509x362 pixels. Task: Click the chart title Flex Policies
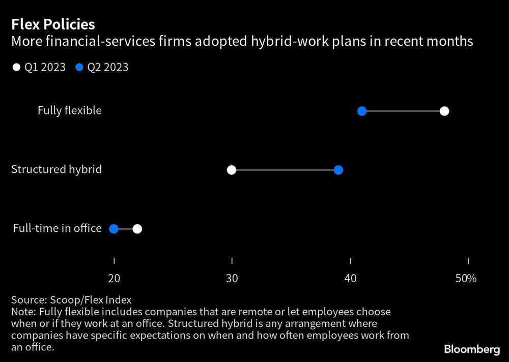coord(53,24)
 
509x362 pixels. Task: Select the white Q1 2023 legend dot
coord(17,67)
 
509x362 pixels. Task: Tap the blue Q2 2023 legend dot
coord(79,67)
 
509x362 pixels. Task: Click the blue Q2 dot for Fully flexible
coord(362,111)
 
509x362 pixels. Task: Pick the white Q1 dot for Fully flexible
coord(444,111)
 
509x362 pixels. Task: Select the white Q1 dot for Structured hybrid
coord(232,170)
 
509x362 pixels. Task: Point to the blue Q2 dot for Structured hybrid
coord(338,170)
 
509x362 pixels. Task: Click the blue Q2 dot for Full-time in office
coord(114,229)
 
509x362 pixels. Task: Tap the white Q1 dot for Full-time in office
coord(137,229)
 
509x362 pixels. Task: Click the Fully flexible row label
coord(70,110)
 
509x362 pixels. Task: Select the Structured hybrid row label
coord(56,169)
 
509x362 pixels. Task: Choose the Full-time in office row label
coord(57,228)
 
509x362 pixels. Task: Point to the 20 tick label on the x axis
coord(114,279)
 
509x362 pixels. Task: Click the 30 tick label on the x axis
coord(232,279)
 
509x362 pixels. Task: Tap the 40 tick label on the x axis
coord(350,279)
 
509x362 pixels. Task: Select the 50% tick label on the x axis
coord(466,279)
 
